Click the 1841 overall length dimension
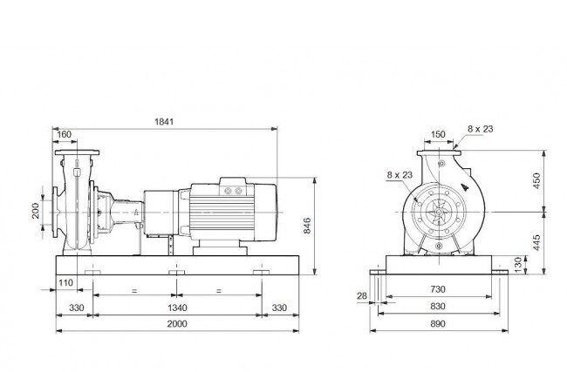[x=164, y=122]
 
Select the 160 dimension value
[x=65, y=134]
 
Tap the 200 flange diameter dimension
[x=36, y=211]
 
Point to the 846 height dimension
[x=307, y=226]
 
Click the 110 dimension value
[x=65, y=283]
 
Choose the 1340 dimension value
[x=177, y=308]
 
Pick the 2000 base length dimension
[x=177, y=323]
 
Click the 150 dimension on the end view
[x=438, y=134]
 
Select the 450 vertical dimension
[x=536, y=180]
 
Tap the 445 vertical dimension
[x=536, y=243]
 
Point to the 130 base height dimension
[x=518, y=265]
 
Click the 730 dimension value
[x=438, y=289]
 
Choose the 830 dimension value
[x=438, y=307]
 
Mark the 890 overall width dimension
[x=438, y=323]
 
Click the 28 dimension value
[x=362, y=296]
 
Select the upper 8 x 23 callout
[x=481, y=129]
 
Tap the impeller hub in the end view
[x=439, y=212]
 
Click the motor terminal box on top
[x=233, y=186]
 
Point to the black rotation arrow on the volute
[x=465, y=187]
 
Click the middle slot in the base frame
[x=177, y=272]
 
